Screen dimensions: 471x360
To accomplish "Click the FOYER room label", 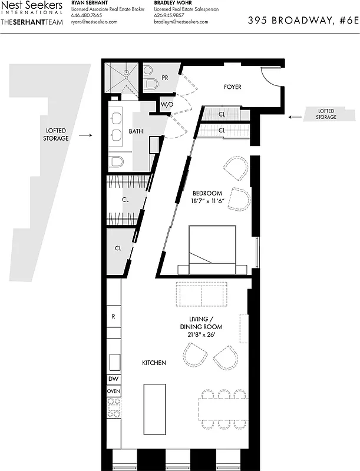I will (x=233, y=87).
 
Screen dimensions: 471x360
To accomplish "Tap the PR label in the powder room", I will (x=166, y=78).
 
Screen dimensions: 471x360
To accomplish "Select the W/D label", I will (x=167, y=105).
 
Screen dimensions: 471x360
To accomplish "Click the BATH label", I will (x=136, y=131).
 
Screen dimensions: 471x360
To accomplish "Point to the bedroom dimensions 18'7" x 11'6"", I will (x=207, y=201).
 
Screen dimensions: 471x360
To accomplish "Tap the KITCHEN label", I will (x=154, y=363).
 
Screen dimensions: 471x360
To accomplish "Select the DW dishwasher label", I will (x=113, y=379).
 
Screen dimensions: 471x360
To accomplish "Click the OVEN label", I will (x=113, y=391).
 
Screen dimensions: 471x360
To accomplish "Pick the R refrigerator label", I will (x=113, y=316).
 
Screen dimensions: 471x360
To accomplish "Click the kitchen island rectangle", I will (x=154, y=409).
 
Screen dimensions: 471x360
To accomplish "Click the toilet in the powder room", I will (x=150, y=83).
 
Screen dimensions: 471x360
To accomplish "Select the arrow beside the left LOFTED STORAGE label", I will (x=85, y=135).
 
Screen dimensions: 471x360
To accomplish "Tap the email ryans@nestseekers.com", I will (x=94, y=22).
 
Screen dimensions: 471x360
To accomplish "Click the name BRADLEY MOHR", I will (x=174, y=3).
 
